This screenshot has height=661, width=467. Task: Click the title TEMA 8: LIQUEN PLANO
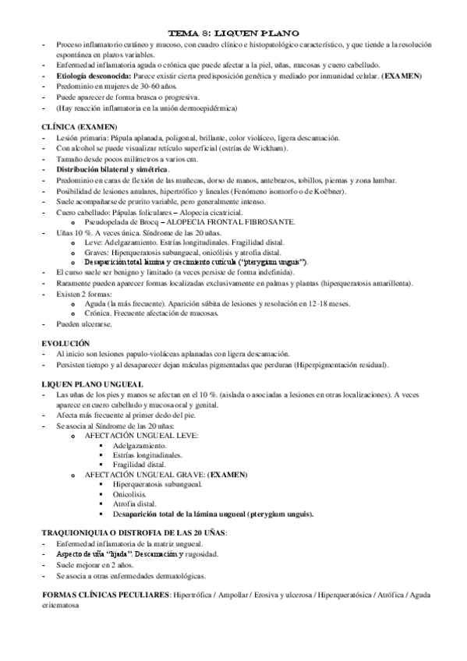tap(234, 34)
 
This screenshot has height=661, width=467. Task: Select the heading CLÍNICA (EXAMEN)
tap(80, 126)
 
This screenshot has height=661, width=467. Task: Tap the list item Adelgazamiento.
tap(141, 444)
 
